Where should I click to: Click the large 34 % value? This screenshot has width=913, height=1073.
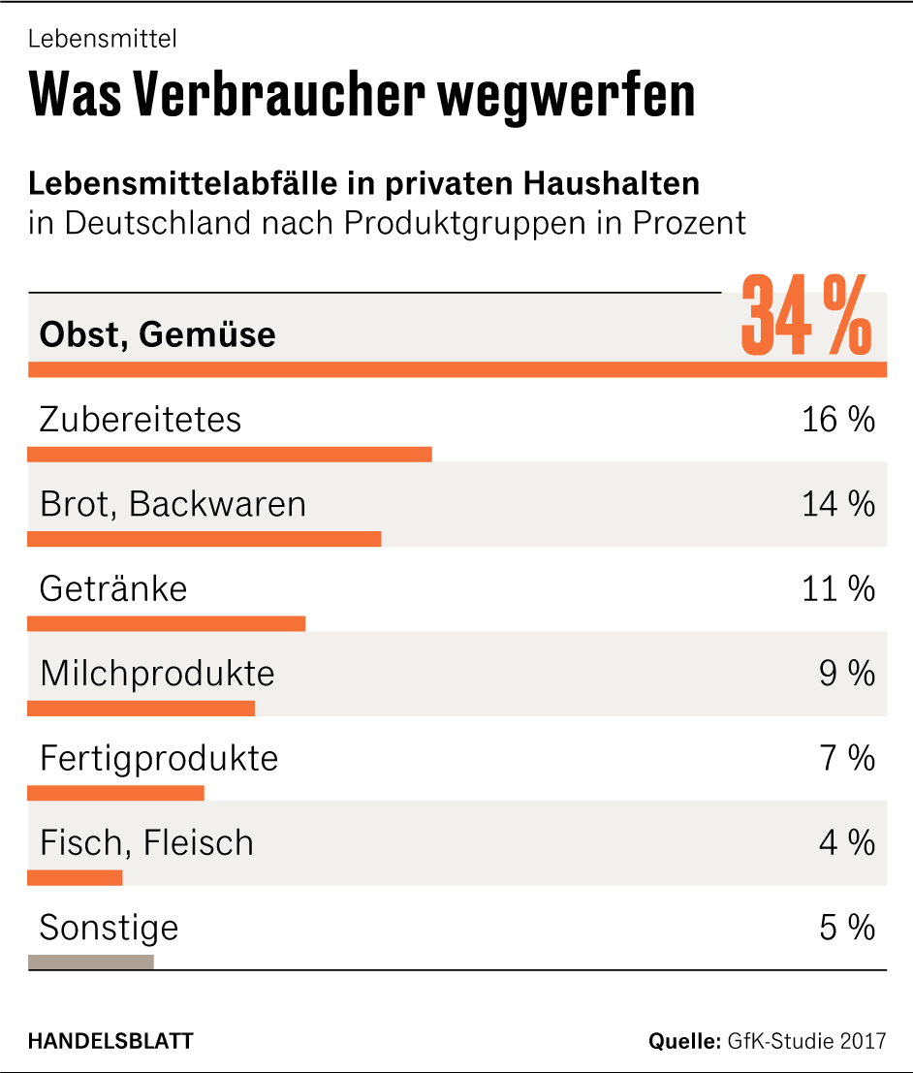805,317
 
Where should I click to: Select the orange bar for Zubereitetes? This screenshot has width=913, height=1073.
230,455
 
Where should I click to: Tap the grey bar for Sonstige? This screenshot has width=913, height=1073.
91,962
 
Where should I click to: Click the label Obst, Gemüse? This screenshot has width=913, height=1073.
157,334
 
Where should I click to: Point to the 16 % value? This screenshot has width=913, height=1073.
837,420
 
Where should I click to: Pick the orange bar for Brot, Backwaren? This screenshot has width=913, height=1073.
205,539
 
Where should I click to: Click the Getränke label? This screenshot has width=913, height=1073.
113,588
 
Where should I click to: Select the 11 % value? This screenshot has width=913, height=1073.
837,588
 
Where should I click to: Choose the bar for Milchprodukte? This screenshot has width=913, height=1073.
142,708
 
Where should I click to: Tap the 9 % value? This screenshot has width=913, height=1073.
846,673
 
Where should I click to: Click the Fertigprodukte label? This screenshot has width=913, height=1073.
159,758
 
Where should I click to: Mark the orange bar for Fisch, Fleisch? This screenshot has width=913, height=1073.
76,877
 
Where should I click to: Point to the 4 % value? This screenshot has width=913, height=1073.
846,842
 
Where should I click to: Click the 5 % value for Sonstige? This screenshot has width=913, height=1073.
846,928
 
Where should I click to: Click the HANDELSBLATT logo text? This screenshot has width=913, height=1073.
110,1041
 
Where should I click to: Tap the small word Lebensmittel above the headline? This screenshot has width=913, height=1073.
102,40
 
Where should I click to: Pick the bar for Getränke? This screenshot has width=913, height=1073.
167,623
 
